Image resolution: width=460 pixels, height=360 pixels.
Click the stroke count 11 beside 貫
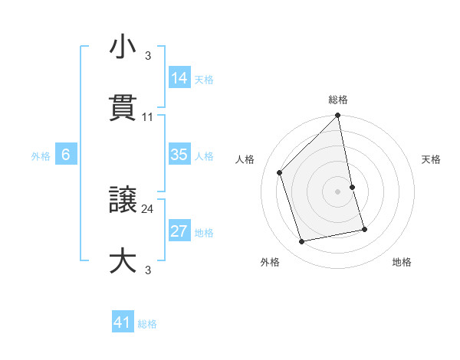[148, 117]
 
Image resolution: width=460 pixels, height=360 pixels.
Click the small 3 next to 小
[147, 55]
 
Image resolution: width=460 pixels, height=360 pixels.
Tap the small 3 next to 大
[147, 270]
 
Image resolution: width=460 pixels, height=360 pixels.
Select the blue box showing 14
[179, 77]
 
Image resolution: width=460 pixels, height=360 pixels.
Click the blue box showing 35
[179, 155]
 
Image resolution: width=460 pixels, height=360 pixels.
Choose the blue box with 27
[179, 231]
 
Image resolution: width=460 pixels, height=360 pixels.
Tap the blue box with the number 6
[66, 155]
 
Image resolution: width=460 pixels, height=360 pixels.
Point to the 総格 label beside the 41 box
[147, 324]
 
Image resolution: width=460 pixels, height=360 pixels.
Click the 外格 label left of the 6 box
[41, 156]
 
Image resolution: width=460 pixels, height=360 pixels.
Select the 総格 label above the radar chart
[338, 100]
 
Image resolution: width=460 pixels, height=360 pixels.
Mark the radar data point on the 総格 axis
[338, 116]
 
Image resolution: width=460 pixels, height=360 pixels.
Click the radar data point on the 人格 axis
[280, 172]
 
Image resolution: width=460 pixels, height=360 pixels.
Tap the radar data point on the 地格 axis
[364, 229]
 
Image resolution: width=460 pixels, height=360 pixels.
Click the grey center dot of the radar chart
[338, 191]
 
